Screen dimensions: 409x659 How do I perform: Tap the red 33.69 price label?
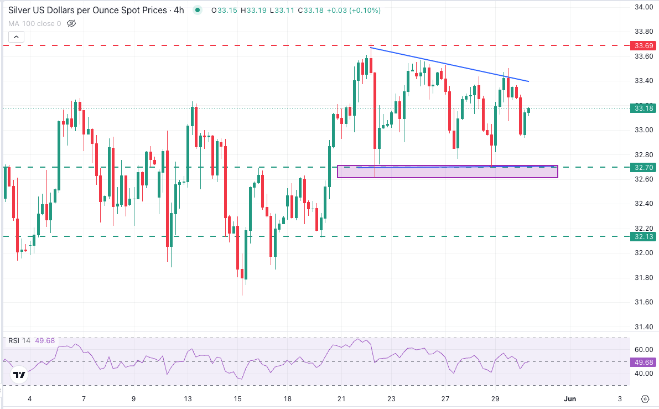[x=644, y=45]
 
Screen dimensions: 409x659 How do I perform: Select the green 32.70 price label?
[x=644, y=167]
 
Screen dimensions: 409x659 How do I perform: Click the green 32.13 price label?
[x=644, y=236]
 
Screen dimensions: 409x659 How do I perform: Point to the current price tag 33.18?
[x=644, y=108]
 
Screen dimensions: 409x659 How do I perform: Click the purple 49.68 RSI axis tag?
[x=644, y=362]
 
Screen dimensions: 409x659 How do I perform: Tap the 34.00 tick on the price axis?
[x=642, y=7]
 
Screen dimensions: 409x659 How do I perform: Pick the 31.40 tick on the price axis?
[x=642, y=327]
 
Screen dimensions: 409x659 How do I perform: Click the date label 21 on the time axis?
[x=341, y=398]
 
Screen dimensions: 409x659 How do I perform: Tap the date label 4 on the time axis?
[x=30, y=398]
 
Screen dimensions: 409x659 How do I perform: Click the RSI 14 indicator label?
[x=19, y=340]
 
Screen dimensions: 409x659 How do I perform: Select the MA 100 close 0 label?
[x=34, y=23]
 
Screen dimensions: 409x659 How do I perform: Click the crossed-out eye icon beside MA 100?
[x=71, y=23]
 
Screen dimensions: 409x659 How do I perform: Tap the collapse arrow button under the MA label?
[x=16, y=37]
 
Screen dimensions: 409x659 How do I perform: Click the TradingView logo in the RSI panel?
[x=19, y=375]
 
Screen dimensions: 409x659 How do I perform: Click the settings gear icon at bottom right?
[x=645, y=398]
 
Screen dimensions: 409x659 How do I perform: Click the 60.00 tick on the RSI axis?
[x=642, y=350]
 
